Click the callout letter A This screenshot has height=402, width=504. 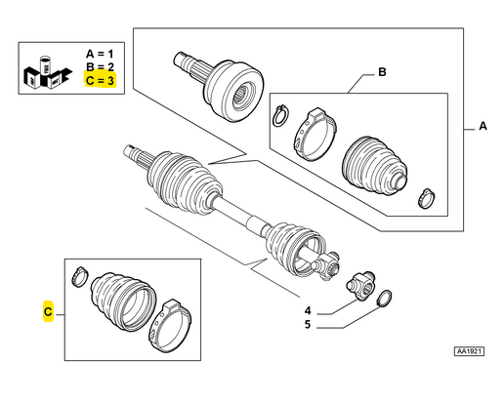(x=481, y=127)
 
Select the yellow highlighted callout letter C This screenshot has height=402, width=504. (x=48, y=311)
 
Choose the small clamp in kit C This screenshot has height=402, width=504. (x=81, y=270)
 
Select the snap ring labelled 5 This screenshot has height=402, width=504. (x=385, y=299)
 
